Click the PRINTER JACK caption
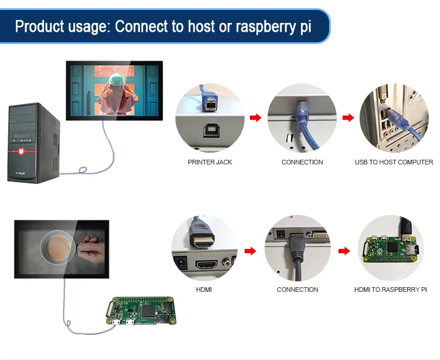click(210, 162)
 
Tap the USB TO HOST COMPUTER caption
click(394, 162)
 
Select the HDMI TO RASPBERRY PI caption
click(390, 290)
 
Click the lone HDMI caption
click(204, 290)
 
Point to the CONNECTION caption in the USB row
click(302, 162)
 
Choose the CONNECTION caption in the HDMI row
click(297, 290)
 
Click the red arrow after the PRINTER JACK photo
click(255, 118)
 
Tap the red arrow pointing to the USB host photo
click(348, 118)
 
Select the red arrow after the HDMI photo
click(251, 251)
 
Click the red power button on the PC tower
click(21, 152)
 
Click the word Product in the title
click(38, 27)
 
